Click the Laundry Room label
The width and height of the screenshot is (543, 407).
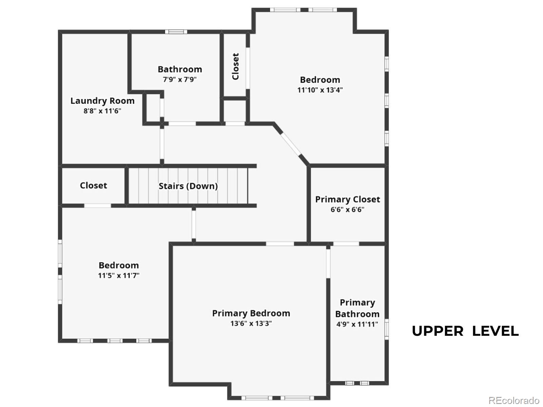click(102, 101)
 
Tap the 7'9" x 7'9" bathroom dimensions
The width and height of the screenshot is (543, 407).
click(180, 80)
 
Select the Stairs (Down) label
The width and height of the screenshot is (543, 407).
click(188, 186)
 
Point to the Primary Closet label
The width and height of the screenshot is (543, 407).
click(348, 199)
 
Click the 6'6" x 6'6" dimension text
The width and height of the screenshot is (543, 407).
click(348, 210)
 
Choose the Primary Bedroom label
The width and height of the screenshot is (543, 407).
click(251, 313)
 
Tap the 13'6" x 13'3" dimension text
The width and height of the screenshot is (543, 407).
click(251, 324)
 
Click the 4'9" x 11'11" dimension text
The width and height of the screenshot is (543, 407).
click(357, 324)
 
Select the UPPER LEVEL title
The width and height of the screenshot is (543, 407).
click(465, 331)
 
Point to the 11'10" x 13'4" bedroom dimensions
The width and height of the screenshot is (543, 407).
click(320, 90)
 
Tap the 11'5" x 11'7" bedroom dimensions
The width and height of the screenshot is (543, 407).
click(119, 275)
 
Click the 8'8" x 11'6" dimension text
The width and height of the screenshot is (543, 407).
click(102, 111)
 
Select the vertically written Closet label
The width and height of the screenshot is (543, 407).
click(236, 66)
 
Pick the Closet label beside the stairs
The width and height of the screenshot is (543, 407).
click(94, 186)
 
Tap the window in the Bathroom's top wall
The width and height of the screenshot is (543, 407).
click(176, 32)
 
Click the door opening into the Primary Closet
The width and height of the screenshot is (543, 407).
click(346, 244)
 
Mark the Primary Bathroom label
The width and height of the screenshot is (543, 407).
click(357, 308)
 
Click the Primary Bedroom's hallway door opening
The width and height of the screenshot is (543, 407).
click(280, 244)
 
